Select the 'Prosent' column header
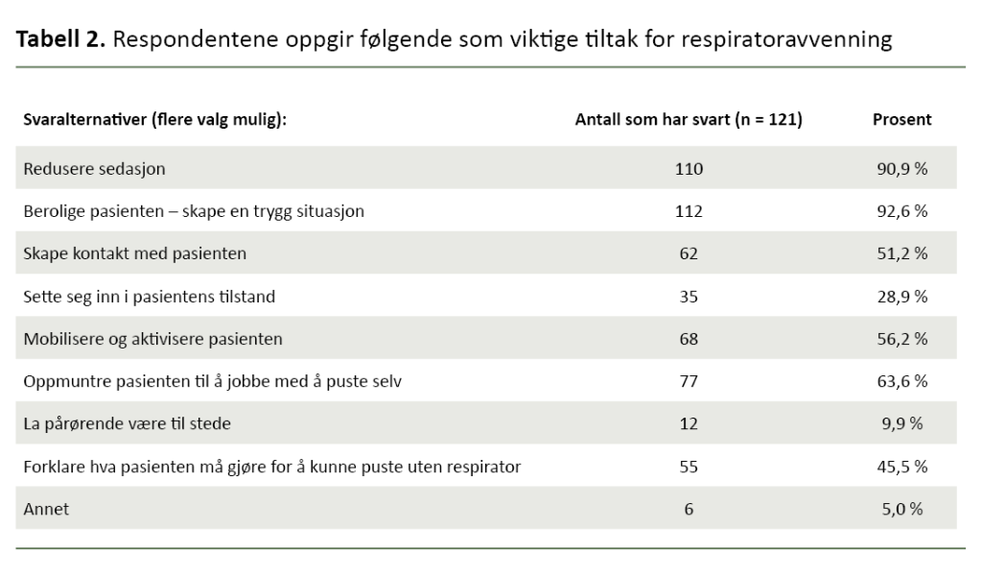coord(901,120)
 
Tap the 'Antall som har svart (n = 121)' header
coord(688,120)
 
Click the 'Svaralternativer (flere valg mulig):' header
coord(155,120)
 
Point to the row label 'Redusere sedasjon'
coord(94,169)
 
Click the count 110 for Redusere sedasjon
coord(688,169)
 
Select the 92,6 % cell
coord(901,211)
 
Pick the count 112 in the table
coord(688,211)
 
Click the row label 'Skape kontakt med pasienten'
coord(134,253)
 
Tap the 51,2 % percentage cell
coord(901,253)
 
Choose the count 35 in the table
coord(688,297)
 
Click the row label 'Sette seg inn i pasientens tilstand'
coord(149,297)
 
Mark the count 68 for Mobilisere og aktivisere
coord(688,339)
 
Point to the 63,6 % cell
coord(901,381)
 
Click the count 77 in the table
coord(688,381)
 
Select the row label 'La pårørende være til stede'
coord(127,423)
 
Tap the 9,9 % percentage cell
coord(901,423)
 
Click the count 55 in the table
coord(688,467)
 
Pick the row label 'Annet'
coord(46,509)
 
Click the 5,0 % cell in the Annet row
coord(901,509)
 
